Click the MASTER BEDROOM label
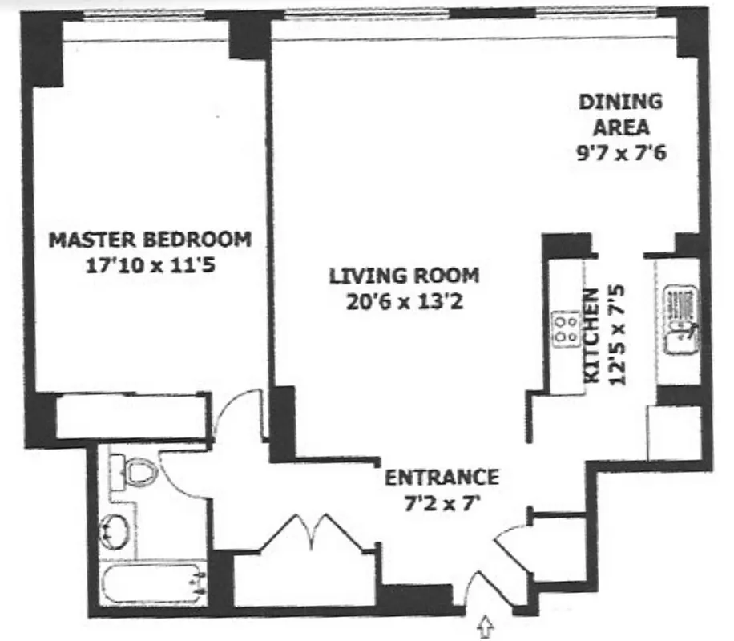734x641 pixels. pos(150,239)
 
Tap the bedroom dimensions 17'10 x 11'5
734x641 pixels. pos(150,264)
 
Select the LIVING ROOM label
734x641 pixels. pos(404,276)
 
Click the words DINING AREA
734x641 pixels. pos(621,114)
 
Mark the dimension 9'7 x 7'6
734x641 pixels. pos(621,152)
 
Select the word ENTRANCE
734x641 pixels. pos(442,478)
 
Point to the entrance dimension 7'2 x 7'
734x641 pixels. pos(442,504)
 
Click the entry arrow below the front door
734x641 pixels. pos(486,625)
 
